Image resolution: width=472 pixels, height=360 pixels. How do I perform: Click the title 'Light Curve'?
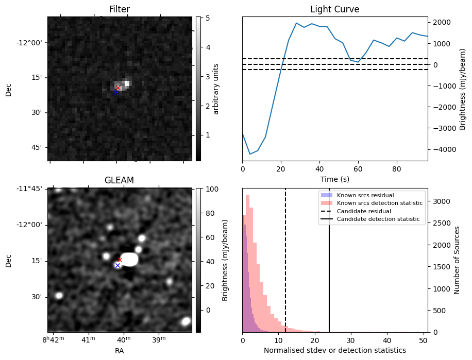click(334, 9)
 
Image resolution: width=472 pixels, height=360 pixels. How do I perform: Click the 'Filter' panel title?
click(120, 9)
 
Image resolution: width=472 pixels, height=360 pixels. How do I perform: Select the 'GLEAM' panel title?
click(120, 180)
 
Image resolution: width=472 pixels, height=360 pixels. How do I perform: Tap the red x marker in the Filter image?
click(118, 88)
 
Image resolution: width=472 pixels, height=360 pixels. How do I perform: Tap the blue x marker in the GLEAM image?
click(117, 266)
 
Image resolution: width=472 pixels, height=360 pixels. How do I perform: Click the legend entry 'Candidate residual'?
click(364, 212)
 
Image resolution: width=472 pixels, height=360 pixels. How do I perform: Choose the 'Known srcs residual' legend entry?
click(365, 196)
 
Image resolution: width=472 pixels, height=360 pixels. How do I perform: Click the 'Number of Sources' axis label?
click(457, 260)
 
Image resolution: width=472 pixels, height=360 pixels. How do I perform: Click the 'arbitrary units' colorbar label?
click(216, 89)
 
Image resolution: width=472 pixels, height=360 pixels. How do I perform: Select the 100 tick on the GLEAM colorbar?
click(208, 190)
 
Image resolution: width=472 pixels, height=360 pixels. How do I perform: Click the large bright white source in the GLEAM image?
click(129, 259)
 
